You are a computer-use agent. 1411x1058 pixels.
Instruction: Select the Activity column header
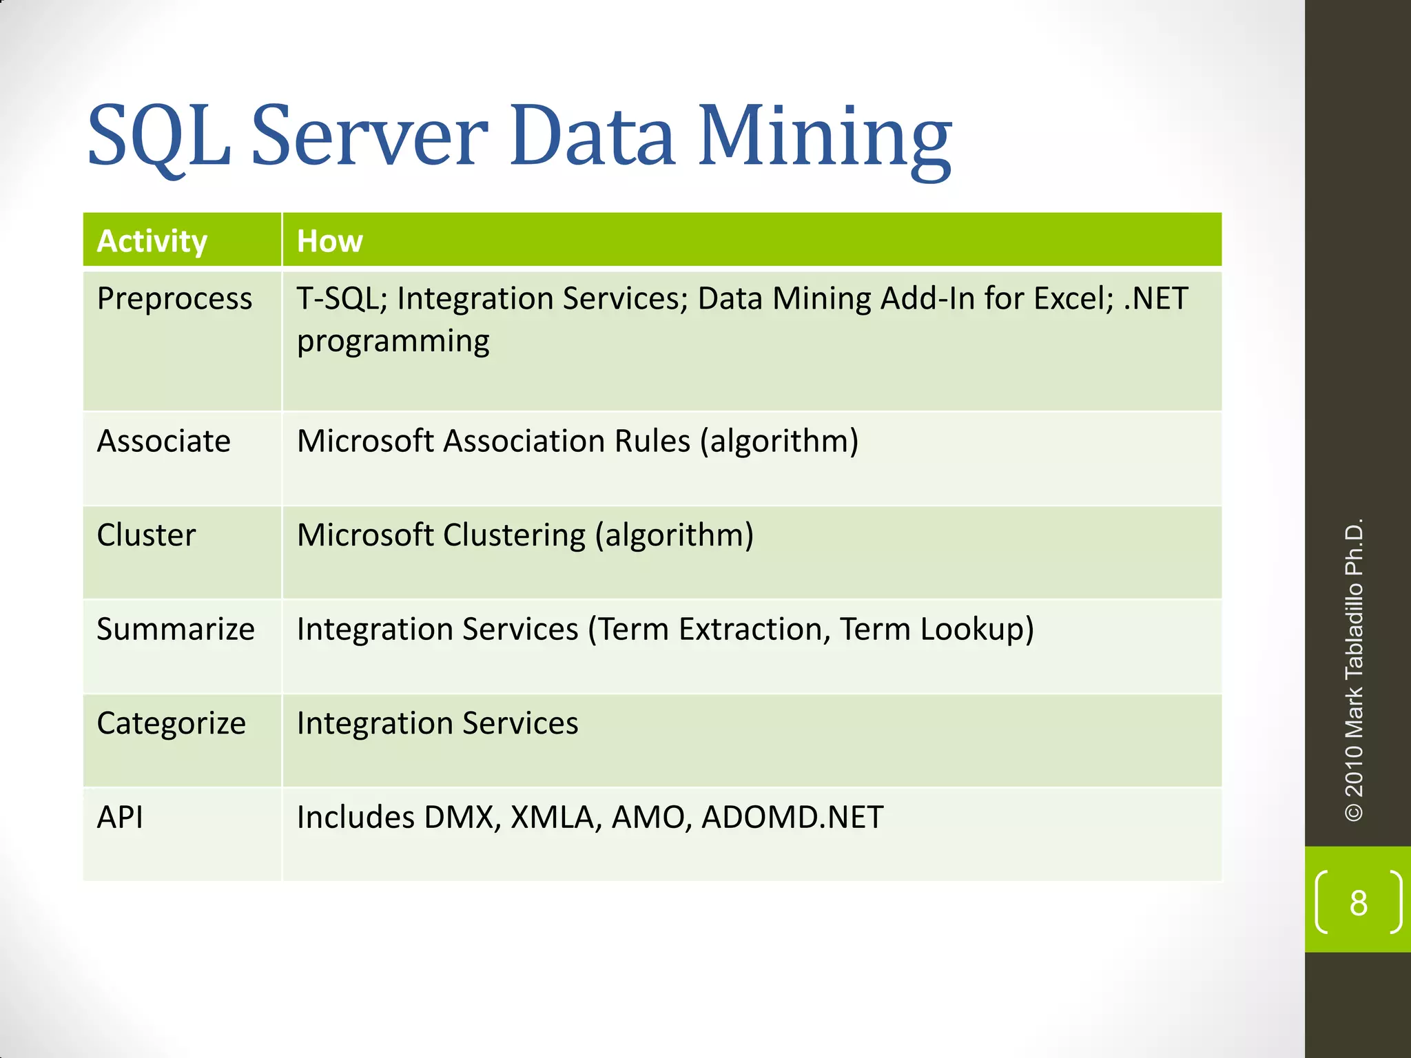point(152,241)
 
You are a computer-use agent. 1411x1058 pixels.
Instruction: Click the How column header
point(329,241)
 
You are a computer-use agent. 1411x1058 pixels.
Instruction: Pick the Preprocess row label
point(174,299)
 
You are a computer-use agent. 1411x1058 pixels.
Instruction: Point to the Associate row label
point(164,441)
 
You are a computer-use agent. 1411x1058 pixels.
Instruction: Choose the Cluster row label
point(146,535)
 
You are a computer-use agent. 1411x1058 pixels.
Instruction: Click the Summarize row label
point(176,629)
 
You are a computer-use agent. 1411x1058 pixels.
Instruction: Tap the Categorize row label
point(171,723)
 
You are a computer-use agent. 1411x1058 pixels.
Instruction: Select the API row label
point(120,818)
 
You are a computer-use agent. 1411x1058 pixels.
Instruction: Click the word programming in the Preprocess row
point(393,342)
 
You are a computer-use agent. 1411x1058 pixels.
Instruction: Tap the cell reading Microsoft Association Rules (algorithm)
point(577,441)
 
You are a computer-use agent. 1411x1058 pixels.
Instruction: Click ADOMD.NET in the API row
point(792,818)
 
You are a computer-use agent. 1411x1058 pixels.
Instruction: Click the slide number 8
point(1358,903)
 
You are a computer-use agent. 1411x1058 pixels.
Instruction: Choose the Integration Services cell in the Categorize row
point(437,723)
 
